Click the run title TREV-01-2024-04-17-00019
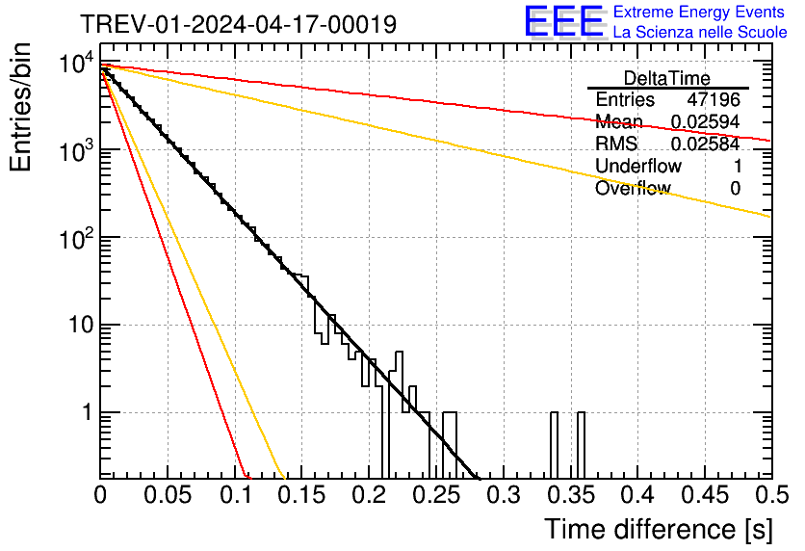[x=237, y=25]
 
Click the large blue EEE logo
[x=563, y=22]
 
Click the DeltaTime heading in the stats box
[x=667, y=78]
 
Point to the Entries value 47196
[x=714, y=100]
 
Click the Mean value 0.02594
[x=705, y=122]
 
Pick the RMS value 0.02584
[x=705, y=144]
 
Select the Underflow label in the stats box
[x=638, y=167]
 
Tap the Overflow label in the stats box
[x=633, y=189]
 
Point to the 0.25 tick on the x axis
[x=435, y=495]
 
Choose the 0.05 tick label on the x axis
[x=168, y=495]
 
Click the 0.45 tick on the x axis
[x=704, y=495]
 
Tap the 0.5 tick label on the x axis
[x=770, y=495]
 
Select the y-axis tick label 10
[x=74, y=326]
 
